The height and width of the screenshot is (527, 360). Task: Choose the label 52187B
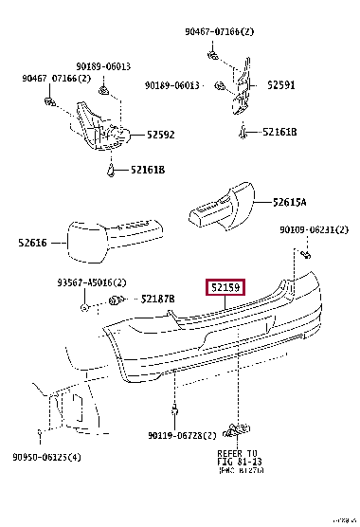point(157,300)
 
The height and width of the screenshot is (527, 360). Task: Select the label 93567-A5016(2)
point(90,283)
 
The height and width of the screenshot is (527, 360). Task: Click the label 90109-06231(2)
point(314,229)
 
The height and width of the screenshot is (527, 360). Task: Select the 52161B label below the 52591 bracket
point(279,133)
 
